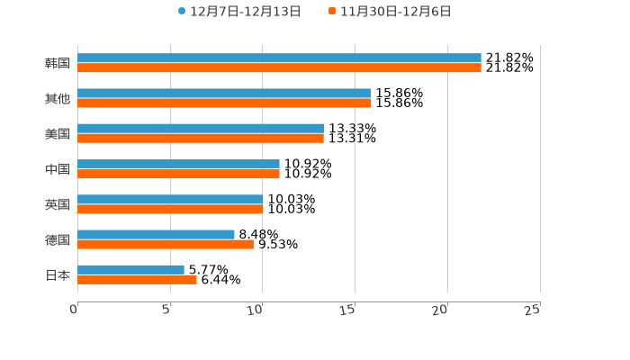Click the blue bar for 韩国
click(279, 58)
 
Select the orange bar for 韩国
click(279, 67)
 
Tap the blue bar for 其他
click(224, 93)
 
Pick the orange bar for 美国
click(201, 139)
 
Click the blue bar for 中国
click(178, 164)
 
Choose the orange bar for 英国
click(170, 209)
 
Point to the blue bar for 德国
click(156, 234)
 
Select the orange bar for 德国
click(166, 244)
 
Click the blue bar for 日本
click(130, 269)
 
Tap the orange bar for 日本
click(137, 279)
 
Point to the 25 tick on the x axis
click(533, 310)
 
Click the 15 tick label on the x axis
click(348, 310)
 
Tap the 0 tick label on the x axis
click(74, 310)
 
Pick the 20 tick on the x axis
click(440, 310)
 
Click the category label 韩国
click(58, 63)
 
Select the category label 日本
click(58, 274)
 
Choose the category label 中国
click(58, 169)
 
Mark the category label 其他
click(58, 98)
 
